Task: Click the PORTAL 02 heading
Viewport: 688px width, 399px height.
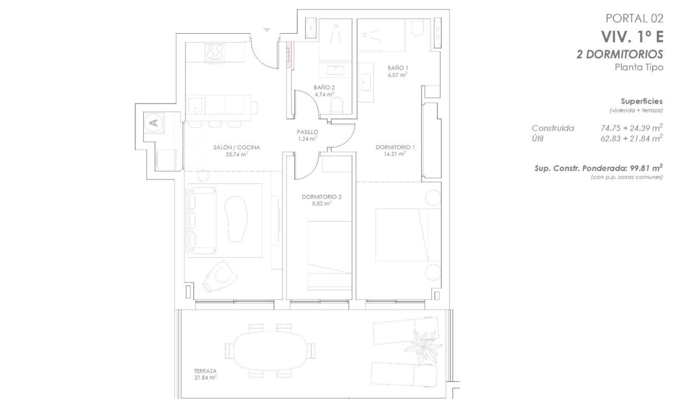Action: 634,18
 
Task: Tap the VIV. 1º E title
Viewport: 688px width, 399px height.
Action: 633,37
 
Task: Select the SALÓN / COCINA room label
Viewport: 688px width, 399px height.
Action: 236,147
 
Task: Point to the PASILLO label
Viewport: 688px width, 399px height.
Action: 307,132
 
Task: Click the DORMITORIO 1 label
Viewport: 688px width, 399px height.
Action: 395,147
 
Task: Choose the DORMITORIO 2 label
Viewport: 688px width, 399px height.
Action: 322,197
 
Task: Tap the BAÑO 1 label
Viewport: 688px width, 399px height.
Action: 398,68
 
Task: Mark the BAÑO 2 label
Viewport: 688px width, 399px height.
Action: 324,88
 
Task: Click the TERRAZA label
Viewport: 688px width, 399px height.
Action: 205,371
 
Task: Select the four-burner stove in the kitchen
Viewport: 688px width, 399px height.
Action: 215,52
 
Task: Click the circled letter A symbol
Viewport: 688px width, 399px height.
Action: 154,122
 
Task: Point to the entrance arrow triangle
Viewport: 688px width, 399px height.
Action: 266,30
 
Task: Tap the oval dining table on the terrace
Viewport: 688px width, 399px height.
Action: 270,351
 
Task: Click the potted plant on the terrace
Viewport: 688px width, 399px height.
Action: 424,346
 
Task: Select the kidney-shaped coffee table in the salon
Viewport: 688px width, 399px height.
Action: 236,219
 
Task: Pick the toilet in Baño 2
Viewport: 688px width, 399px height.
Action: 337,106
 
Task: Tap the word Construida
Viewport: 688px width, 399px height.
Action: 553,128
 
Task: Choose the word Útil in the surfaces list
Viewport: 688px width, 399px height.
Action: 538,139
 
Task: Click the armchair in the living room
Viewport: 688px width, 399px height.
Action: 220,277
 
